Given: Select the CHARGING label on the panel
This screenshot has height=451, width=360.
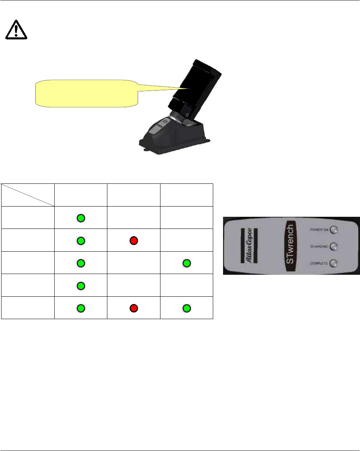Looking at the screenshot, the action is [319, 246].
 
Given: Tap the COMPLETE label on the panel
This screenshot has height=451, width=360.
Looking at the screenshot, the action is [319, 263].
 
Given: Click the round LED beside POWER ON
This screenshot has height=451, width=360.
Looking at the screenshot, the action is [334, 230].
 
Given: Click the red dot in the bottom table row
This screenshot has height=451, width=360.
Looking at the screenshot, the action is [134, 308].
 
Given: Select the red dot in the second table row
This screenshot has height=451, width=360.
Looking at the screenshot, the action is [134, 240].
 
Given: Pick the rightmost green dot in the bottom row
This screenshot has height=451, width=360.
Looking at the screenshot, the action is [187, 308].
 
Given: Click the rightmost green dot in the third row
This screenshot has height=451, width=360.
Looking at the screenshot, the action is [187, 263].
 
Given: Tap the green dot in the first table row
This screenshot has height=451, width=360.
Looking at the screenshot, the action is [80, 218].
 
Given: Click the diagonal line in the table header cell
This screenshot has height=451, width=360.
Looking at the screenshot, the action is [28, 195].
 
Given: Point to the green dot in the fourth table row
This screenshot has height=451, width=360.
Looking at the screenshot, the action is [80, 285].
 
